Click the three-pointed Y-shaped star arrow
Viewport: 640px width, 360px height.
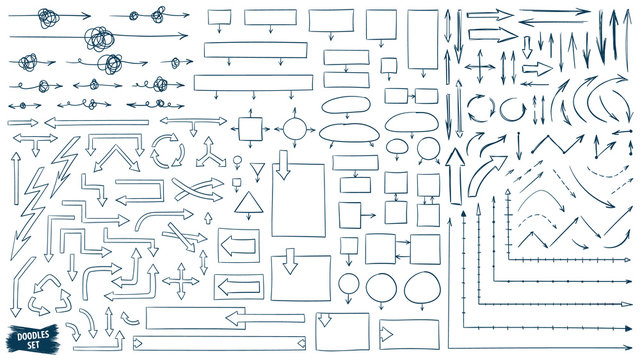click(211, 153)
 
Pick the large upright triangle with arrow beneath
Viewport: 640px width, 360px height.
click(247, 206)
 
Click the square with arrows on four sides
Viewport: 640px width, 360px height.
click(249, 129)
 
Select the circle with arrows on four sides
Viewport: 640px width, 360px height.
click(296, 129)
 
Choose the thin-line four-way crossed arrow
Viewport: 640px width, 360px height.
click(479, 68)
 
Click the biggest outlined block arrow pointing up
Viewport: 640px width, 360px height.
click(456, 175)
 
